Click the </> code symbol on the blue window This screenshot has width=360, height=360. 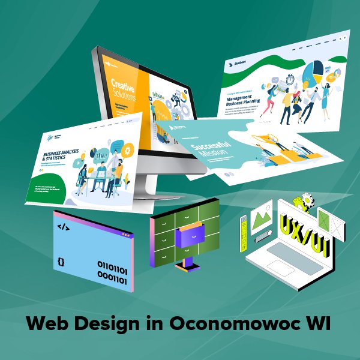[63, 227]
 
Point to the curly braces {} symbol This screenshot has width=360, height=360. [61, 262]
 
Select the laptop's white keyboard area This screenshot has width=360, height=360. [287, 255]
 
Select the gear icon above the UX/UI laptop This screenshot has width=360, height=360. [308, 200]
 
